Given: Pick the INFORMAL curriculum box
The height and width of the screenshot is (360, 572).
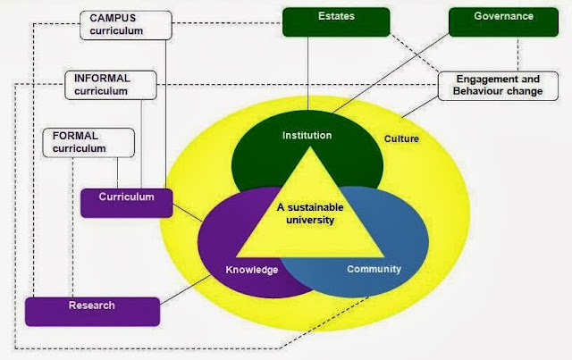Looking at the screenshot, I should pyautogui.click(x=111, y=84).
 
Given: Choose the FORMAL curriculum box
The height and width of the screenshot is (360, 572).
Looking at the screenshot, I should pyautogui.click(x=88, y=142).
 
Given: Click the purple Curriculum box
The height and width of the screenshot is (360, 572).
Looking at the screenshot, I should pyautogui.click(x=127, y=202).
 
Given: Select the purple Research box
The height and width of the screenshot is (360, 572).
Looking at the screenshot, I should pyautogui.click(x=92, y=310).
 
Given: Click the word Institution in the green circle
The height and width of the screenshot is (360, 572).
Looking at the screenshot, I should pyautogui.click(x=307, y=136).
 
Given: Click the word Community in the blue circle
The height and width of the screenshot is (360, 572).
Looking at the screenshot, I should pyautogui.click(x=374, y=268).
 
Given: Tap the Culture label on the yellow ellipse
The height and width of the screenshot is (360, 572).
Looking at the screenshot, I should pyautogui.click(x=401, y=139).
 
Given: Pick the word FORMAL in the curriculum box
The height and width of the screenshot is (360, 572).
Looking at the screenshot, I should pyautogui.click(x=75, y=136).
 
